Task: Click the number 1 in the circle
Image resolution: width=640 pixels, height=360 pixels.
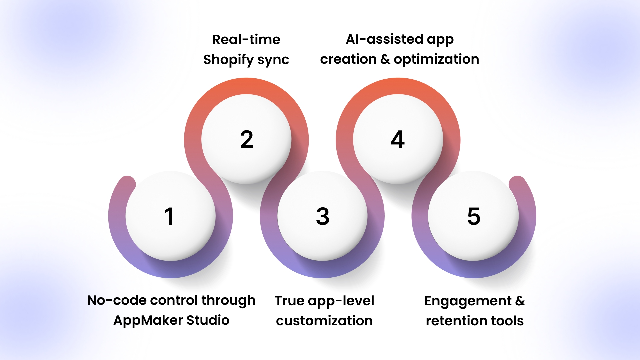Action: click(169, 216)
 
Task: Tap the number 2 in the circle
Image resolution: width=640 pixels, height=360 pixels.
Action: click(247, 139)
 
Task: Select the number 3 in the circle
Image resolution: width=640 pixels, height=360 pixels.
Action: click(323, 216)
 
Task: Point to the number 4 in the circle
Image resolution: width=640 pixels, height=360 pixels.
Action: click(398, 139)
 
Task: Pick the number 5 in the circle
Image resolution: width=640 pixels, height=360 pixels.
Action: click(474, 216)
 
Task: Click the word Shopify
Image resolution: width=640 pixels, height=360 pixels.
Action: click(229, 60)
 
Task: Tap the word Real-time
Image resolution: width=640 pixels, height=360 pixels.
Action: click(246, 39)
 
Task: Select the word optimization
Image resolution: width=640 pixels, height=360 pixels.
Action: click(436, 59)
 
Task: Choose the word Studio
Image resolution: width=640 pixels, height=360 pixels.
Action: click(208, 320)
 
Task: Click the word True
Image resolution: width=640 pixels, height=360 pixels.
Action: click(290, 301)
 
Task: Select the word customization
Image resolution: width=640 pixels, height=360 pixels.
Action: click(324, 321)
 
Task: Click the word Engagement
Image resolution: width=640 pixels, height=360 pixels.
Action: click(468, 301)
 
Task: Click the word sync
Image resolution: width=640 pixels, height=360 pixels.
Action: click(273, 60)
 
